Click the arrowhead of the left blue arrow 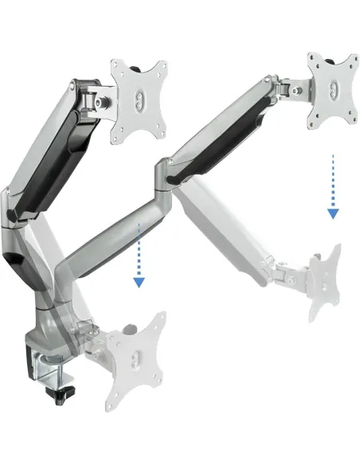point(139,281)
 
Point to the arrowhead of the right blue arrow point(332,213)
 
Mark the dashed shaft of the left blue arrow point(139,250)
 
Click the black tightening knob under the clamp point(61,392)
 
